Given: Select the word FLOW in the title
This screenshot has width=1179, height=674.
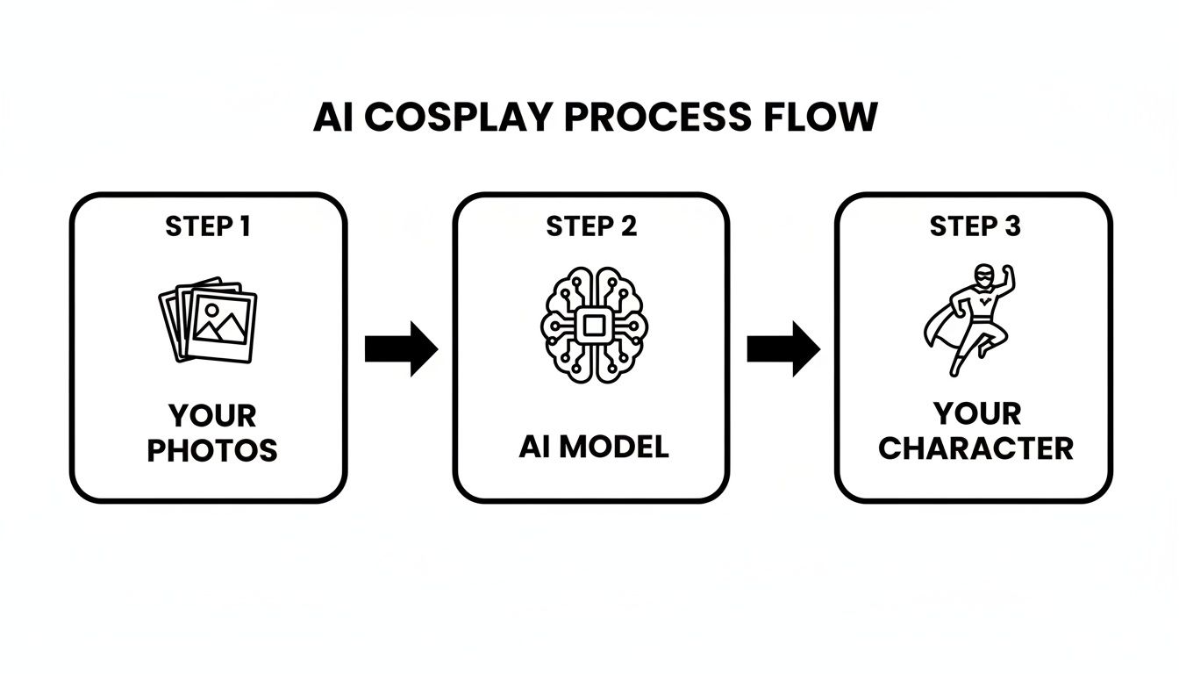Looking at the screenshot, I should coord(826,118).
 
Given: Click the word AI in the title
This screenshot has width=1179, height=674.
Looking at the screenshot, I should coord(334,118).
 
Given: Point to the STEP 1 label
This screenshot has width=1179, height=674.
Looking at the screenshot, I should coord(208,226).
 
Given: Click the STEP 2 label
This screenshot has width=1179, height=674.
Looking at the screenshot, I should coord(591,226).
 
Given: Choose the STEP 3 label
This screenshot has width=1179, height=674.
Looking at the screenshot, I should coord(975,226).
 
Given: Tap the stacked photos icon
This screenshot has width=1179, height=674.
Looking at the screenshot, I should coord(208,320).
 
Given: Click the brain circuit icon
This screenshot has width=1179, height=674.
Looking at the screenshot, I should coord(592,325).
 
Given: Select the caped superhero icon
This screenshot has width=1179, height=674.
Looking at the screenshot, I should coord(969,319).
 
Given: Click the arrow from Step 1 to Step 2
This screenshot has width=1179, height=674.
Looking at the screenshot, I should coord(401,348).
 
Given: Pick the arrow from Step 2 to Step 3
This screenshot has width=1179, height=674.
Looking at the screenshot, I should coord(783,348).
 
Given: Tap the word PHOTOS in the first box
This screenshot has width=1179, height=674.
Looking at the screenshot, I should coord(211,450).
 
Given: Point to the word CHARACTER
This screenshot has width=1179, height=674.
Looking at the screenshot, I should coord(975,448).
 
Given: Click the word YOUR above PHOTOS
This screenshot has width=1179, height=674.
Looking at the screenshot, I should coord(211,415).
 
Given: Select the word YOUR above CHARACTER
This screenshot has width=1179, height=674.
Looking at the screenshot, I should coord(975,413).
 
